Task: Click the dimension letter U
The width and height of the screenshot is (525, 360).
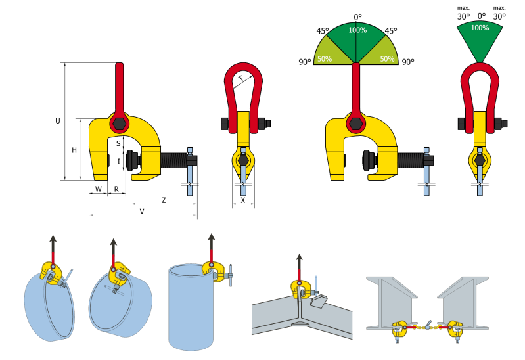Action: tap(58, 121)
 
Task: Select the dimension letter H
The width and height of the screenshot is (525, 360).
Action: tap(74, 150)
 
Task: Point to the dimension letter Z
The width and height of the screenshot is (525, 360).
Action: tap(162, 199)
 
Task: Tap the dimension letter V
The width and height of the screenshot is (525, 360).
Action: tap(142, 211)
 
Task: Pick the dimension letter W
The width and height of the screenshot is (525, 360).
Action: tap(99, 189)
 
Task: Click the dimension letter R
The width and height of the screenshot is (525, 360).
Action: tap(116, 189)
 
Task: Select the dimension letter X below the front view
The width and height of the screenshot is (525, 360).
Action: tap(243, 200)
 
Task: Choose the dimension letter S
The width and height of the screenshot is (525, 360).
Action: tap(118, 143)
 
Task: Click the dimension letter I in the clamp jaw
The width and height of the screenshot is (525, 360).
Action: tap(118, 161)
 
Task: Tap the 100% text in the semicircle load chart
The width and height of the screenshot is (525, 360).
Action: tap(357, 30)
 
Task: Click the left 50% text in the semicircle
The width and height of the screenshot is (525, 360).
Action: tap(324, 58)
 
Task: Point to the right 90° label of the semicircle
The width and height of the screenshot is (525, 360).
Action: tap(408, 62)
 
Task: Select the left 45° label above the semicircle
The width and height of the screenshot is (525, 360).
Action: tap(323, 31)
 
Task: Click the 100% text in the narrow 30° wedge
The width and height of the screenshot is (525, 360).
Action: tap(480, 28)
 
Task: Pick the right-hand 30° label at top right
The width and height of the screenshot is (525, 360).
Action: tap(499, 16)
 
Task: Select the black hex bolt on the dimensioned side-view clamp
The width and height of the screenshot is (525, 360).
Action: tap(119, 124)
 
